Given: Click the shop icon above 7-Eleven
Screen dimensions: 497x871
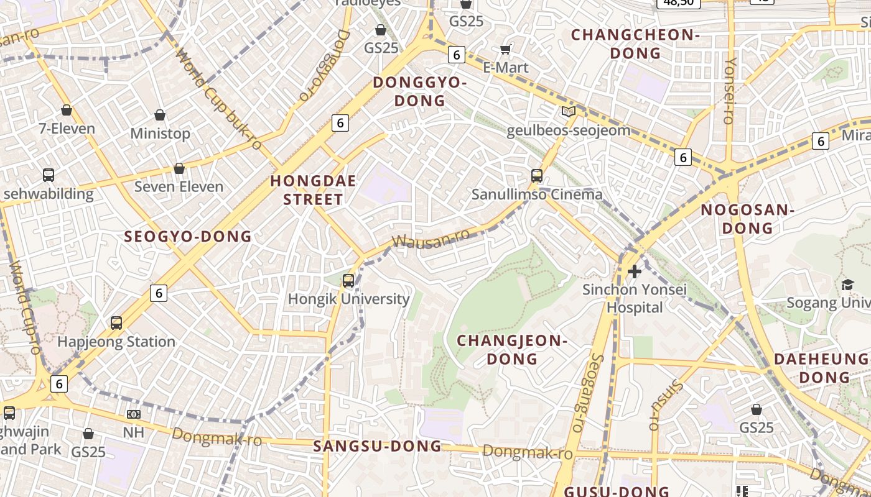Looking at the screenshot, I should (x=67, y=111).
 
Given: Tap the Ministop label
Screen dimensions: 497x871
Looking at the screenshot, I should (x=160, y=134).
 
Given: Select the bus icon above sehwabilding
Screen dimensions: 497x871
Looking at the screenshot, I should (x=49, y=175).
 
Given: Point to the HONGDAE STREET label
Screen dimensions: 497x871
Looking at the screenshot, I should (x=313, y=190).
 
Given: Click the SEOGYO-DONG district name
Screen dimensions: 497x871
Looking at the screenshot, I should (x=188, y=237).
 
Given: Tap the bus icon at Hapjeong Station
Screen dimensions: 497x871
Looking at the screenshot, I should (x=116, y=323).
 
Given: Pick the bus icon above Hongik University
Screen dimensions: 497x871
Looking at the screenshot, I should (x=348, y=281).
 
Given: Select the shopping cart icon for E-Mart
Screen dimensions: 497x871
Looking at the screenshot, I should (x=506, y=49).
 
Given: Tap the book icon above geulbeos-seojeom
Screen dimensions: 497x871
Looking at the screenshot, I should (x=568, y=112).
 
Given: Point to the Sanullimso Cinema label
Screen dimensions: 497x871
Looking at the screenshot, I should (x=537, y=194).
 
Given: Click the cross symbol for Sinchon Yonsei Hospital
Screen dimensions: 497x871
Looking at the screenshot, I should (x=635, y=271).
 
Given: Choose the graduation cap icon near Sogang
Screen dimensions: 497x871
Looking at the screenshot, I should (x=847, y=285).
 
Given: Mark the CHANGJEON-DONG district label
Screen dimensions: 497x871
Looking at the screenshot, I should (x=512, y=349).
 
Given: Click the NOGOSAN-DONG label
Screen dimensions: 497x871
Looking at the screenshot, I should (x=747, y=219).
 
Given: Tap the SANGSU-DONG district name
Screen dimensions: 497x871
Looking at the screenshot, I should (x=377, y=446).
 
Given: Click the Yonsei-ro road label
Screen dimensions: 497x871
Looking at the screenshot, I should (x=729, y=91).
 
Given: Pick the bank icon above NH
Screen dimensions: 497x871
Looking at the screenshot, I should (x=133, y=414).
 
